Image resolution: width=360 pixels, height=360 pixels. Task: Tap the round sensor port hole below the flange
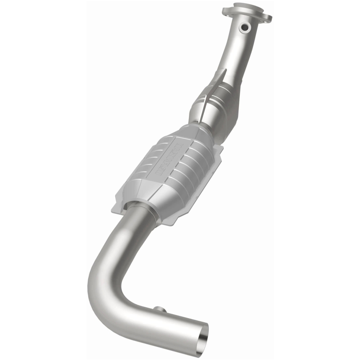[245, 28]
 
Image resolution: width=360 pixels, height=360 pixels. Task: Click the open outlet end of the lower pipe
[205, 334]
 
